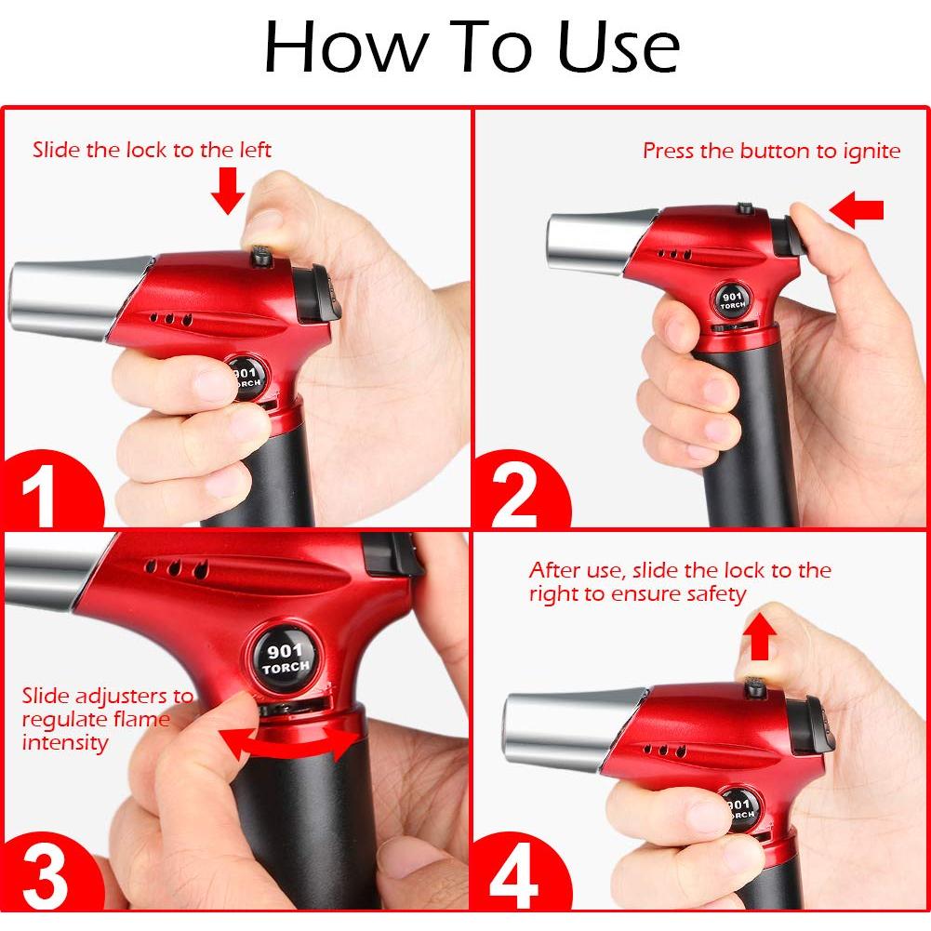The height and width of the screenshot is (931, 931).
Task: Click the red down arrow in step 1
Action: click(227, 191)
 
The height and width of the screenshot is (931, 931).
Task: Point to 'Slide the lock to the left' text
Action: click(152, 150)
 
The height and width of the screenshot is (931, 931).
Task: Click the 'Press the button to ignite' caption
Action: click(771, 151)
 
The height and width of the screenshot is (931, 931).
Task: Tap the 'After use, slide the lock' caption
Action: click(679, 582)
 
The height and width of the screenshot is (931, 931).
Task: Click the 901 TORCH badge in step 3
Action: click(285, 658)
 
